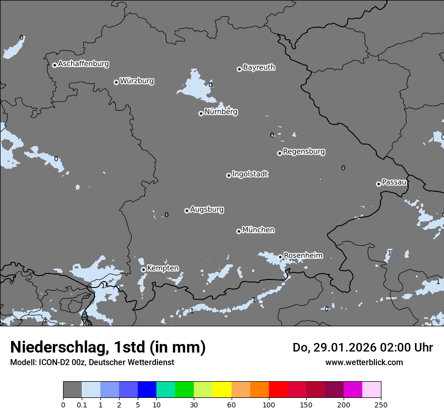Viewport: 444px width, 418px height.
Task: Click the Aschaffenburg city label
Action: pyautogui.click(x=83, y=64)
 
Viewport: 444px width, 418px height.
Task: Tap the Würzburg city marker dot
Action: pyautogui.click(x=116, y=82)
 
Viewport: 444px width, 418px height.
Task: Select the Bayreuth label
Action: pyautogui.click(x=259, y=67)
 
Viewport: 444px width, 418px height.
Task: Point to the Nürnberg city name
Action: pyautogui.click(x=220, y=112)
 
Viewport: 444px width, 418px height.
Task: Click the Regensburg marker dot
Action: pyautogui.click(x=280, y=153)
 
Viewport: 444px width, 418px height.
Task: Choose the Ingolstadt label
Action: pyautogui.click(x=250, y=174)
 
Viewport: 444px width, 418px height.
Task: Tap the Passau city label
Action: pyautogui.click(x=394, y=182)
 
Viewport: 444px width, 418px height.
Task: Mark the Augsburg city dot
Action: pyautogui.click(x=187, y=211)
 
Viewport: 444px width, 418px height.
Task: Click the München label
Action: pyautogui.click(x=258, y=230)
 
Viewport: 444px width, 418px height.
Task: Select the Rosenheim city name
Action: pyautogui.click(x=303, y=255)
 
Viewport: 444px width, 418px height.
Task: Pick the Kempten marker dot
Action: pyautogui.click(x=143, y=269)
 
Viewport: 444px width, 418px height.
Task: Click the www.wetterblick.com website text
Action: pyautogui.click(x=364, y=362)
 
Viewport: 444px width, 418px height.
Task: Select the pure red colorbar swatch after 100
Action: pyautogui.click(x=278, y=390)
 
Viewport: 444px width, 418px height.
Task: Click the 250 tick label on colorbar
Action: pyautogui.click(x=381, y=404)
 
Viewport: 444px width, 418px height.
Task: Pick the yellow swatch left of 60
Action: pyautogui.click(x=222, y=390)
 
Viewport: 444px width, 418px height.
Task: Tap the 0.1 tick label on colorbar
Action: pyautogui.click(x=82, y=404)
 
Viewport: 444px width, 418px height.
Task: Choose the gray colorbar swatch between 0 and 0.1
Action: pyautogui.click(x=72, y=390)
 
